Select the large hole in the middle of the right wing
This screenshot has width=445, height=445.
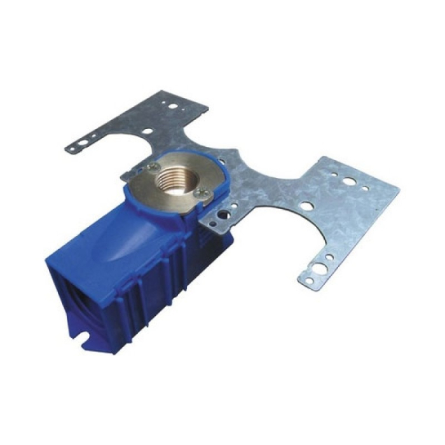(x=307, y=207)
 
